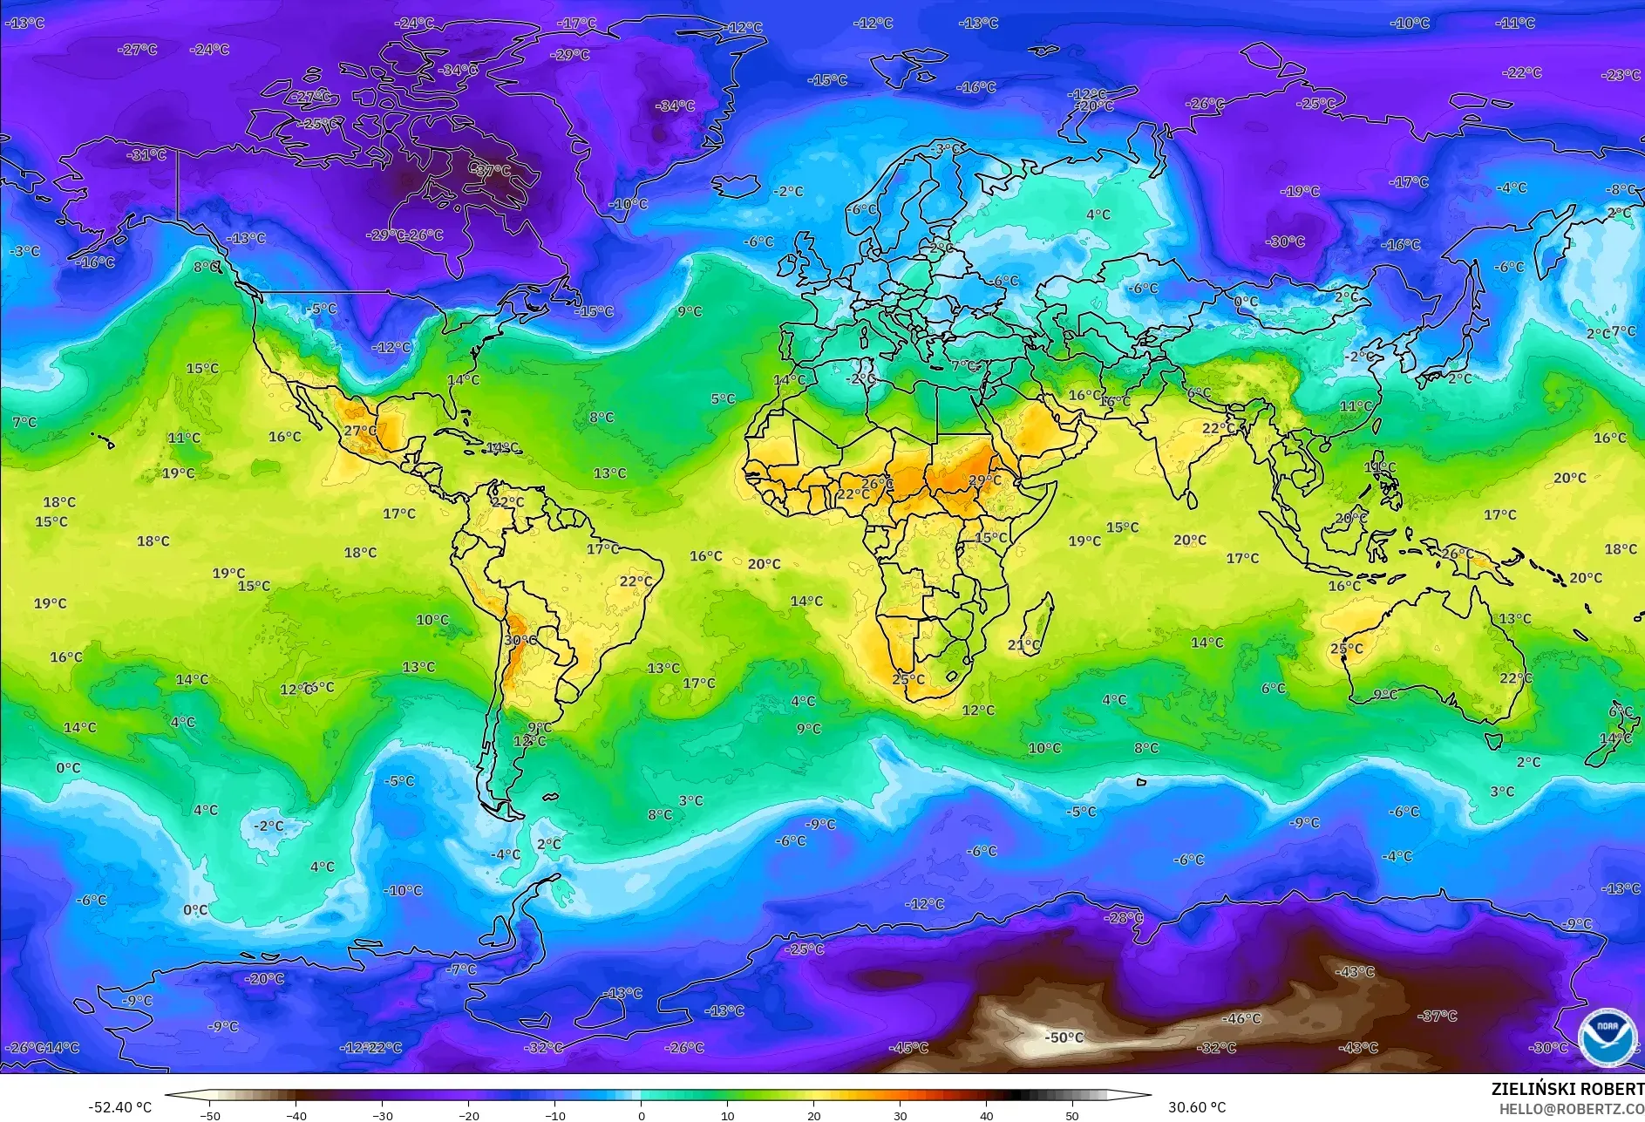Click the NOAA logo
click(1607, 1037)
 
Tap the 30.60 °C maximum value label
click(1196, 1107)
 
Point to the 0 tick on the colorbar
click(642, 1115)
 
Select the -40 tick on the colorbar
click(296, 1115)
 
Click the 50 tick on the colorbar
click(1071, 1115)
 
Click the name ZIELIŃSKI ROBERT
click(1567, 1089)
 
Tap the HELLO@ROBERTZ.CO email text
click(1571, 1109)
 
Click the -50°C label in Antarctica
click(1064, 1037)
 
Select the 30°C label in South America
click(520, 640)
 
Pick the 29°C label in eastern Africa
click(984, 480)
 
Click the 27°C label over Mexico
click(360, 431)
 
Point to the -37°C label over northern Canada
click(493, 171)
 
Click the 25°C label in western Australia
click(1346, 649)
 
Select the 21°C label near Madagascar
click(1024, 645)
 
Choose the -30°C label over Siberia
click(1285, 241)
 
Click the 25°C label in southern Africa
click(908, 679)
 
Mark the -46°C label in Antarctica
click(1241, 1018)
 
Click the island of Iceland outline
click(737, 186)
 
